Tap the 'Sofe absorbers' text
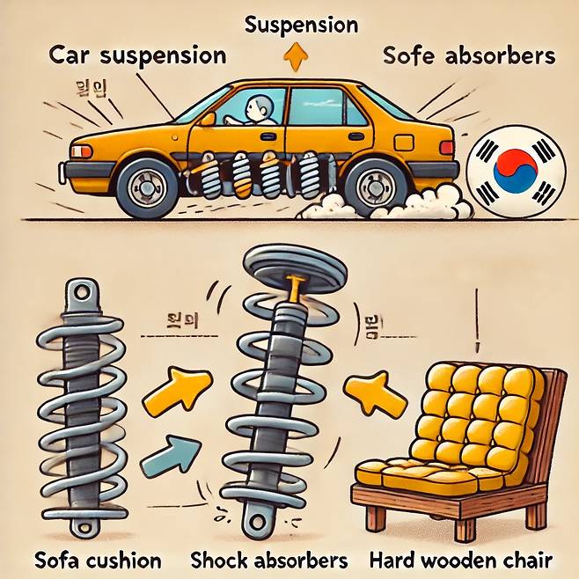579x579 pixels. point(469,56)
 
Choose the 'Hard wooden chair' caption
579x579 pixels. point(461,560)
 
